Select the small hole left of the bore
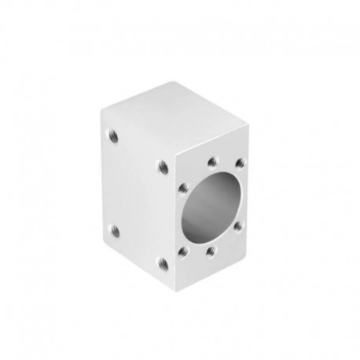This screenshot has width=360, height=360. (x=182, y=188)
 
